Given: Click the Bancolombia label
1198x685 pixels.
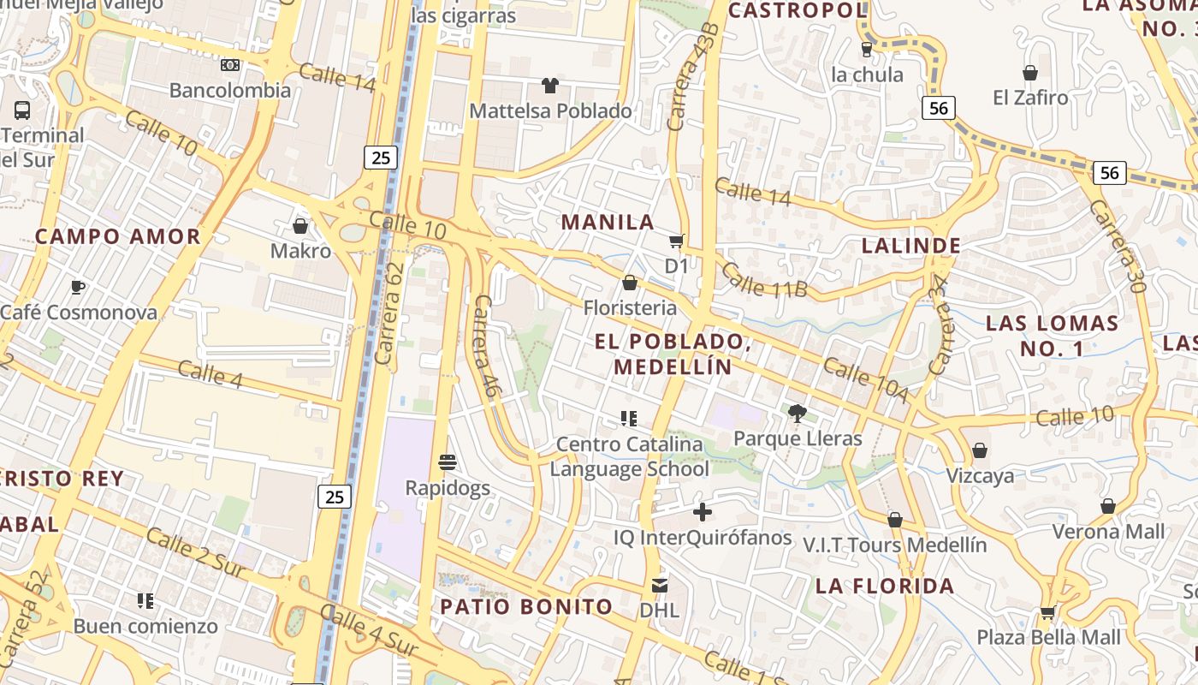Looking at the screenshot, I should pos(230,90).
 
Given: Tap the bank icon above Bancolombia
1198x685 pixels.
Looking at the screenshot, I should pos(230,65).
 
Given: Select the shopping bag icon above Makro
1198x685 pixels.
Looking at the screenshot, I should pos(300,226).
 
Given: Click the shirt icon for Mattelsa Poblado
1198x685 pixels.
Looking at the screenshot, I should pos(550,86).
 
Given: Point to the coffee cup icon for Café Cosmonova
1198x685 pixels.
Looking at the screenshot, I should pos(78,288).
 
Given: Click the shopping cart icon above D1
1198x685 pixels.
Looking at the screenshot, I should pos(677,241).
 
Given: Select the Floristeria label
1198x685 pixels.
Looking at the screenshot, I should pos(630,307).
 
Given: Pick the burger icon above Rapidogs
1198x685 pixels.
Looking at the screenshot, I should pos(447,463).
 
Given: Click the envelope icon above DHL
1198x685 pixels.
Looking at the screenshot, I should pos(659,586).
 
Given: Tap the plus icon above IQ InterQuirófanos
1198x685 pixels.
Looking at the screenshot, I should pos(703,513).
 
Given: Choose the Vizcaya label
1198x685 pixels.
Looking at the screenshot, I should pos(980,476).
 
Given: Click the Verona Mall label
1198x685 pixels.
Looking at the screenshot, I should pos(1108,531).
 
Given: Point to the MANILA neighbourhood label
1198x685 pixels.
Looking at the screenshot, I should pos(608,223).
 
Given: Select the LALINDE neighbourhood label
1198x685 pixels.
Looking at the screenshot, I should pos(911,246).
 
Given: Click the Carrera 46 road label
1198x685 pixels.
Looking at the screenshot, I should pos(485,346).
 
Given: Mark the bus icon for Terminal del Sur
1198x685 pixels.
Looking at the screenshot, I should pos(22,110).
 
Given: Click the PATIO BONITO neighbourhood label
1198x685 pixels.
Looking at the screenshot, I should pos(526,607).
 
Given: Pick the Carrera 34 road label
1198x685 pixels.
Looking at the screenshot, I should pos(940,325).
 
